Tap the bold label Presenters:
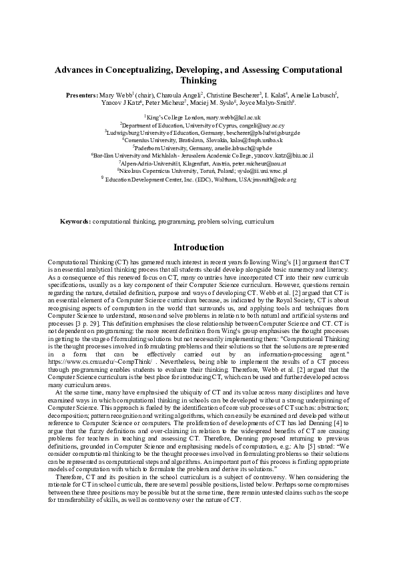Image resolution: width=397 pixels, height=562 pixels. (82, 95)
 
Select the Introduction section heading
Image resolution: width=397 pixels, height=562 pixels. (198, 247)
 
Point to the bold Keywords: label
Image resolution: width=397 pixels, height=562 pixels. (75, 220)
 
